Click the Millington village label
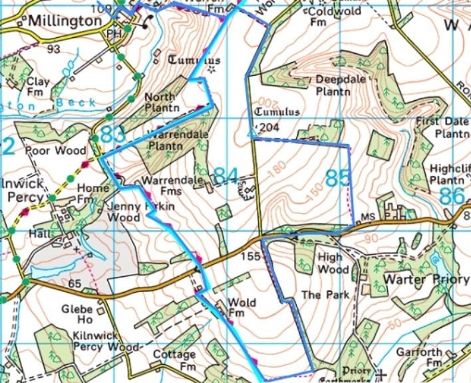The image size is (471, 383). coord(65,21)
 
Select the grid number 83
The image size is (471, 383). coord(112,133)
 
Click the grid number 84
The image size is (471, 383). coord(226,176)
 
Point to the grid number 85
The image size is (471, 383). coord(338,178)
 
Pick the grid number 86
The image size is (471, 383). coord(452,196)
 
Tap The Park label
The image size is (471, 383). coord(316,294)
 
